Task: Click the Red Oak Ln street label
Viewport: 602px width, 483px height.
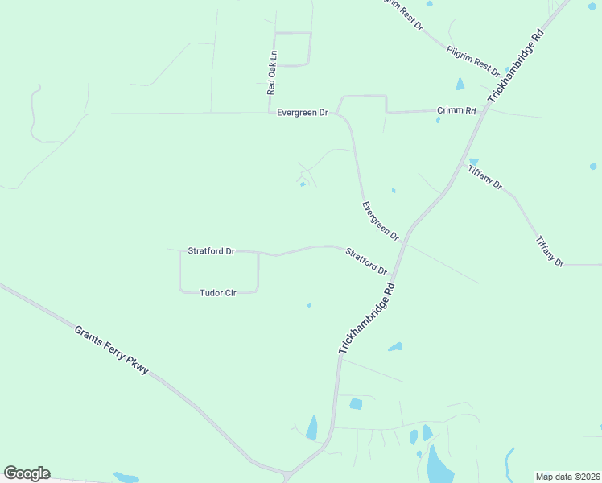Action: pyautogui.click(x=273, y=72)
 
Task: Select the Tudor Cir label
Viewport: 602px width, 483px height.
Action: pyautogui.click(x=217, y=294)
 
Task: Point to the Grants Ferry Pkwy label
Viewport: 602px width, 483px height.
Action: pyautogui.click(x=112, y=349)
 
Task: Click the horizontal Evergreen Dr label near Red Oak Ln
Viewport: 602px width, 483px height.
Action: pyautogui.click(x=302, y=113)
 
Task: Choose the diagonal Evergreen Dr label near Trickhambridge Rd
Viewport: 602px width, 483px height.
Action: pyautogui.click(x=380, y=221)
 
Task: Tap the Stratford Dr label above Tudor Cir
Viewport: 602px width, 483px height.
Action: pyautogui.click(x=211, y=251)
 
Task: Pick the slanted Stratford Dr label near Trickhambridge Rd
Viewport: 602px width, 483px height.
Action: pyautogui.click(x=366, y=261)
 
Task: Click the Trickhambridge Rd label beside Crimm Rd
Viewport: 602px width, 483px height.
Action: pyautogui.click(x=516, y=72)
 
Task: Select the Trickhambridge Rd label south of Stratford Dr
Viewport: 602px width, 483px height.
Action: pyautogui.click(x=367, y=318)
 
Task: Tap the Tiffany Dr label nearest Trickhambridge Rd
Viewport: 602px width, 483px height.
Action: pyautogui.click(x=485, y=176)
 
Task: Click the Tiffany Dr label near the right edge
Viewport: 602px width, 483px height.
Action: pyautogui.click(x=550, y=250)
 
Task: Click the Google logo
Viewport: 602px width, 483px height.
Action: pyautogui.click(x=27, y=473)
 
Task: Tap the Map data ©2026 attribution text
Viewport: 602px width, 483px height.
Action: pyautogui.click(x=567, y=477)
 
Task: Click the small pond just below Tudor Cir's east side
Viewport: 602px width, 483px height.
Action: pyautogui.click(x=309, y=306)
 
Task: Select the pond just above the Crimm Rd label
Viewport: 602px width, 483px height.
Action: pyautogui.click(x=460, y=84)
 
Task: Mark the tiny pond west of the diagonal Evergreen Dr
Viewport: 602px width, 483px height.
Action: pyautogui.click(x=303, y=184)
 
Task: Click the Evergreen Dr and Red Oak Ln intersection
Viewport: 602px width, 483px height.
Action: pyautogui.click(x=269, y=113)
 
